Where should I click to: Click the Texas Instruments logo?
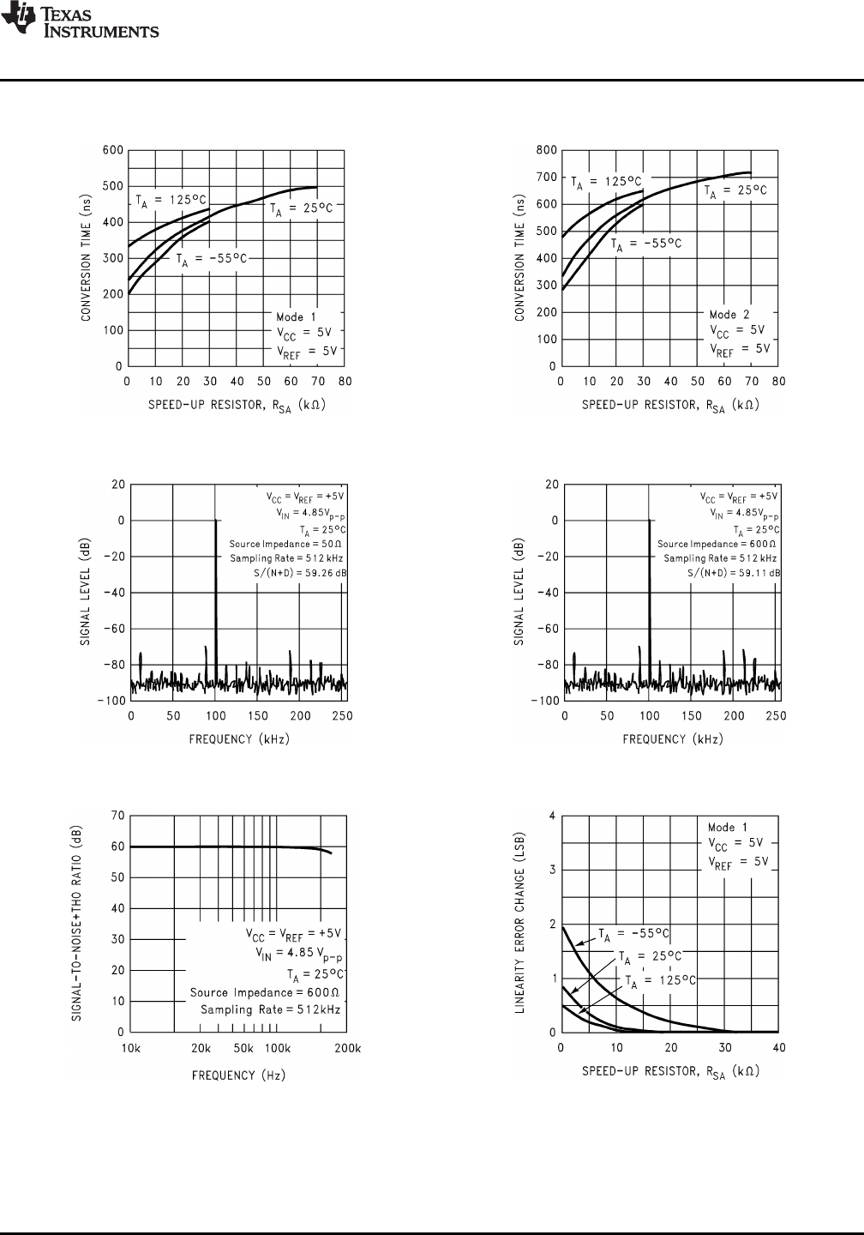tap(80, 21)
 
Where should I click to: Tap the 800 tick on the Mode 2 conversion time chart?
tap(546, 151)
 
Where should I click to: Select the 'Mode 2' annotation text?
tap(729, 315)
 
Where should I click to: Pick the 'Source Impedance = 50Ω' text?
tap(286, 544)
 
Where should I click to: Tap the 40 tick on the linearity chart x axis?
tap(779, 1047)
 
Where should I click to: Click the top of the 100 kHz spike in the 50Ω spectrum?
tap(216, 521)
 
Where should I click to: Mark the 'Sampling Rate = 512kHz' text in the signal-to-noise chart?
tap(271, 1009)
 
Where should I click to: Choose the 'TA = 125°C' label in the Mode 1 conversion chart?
tap(171, 200)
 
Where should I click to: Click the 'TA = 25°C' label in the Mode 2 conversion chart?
tap(735, 190)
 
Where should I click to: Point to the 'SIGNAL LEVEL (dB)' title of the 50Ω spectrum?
tap(87, 592)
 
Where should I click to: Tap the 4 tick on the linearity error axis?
tap(552, 816)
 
